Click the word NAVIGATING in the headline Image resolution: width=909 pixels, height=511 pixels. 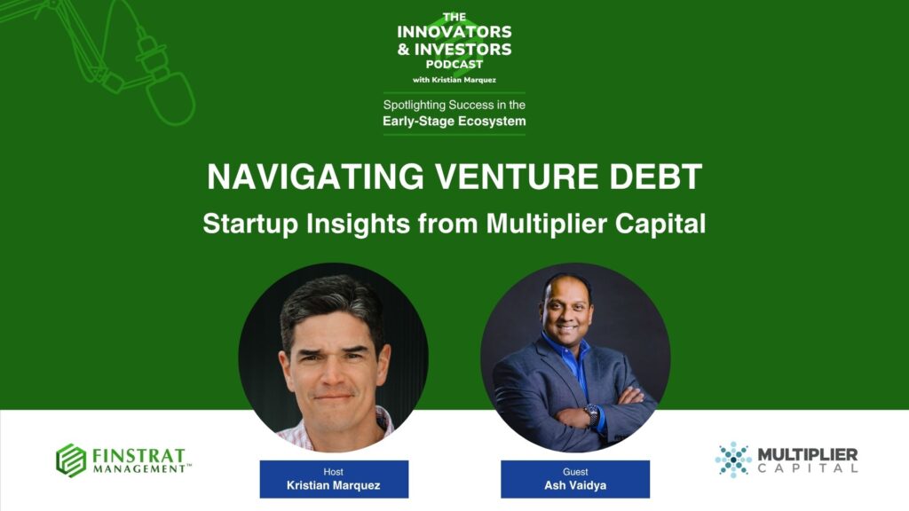315,177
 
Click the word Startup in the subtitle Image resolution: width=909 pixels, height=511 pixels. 249,224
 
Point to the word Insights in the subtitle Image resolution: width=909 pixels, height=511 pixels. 358,223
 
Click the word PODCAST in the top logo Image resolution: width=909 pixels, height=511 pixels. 454,64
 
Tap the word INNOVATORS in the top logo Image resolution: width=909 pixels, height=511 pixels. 454,32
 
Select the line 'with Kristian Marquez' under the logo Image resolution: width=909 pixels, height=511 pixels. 454,80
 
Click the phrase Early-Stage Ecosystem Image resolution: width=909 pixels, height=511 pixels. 454,121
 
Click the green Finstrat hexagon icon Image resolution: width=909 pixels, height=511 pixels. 71,460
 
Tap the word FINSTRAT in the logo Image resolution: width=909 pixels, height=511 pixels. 138,455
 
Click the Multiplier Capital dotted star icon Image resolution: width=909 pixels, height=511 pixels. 733,460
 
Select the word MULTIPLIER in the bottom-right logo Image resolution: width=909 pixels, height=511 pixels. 808,454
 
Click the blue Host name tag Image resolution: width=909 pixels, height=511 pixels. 334,479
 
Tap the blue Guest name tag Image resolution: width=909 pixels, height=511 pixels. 575,479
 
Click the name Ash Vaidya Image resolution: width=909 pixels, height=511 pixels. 575,485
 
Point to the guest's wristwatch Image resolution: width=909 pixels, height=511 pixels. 592,415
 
